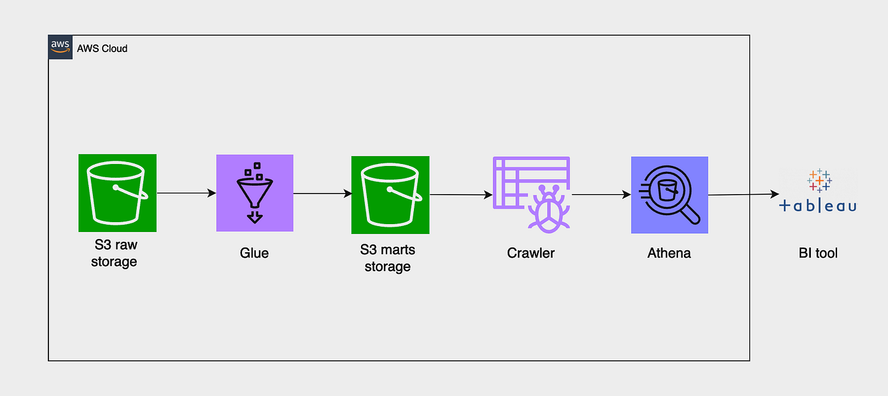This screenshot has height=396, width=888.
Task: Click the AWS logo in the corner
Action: (x=60, y=47)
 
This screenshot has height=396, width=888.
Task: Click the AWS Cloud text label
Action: (x=102, y=49)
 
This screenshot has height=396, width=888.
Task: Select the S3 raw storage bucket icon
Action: (x=117, y=193)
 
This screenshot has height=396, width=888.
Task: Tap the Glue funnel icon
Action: (x=255, y=193)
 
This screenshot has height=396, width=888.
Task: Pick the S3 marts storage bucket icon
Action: (x=390, y=195)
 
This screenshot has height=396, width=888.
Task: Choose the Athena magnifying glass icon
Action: (x=670, y=195)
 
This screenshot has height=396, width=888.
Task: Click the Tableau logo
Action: (x=819, y=191)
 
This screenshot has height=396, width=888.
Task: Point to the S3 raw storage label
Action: (x=114, y=253)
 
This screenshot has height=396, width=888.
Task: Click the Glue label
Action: (x=254, y=253)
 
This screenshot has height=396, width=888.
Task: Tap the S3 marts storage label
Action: (x=388, y=258)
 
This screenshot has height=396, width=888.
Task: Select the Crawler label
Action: (x=531, y=253)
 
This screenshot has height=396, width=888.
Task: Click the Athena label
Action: (x=669, y=253)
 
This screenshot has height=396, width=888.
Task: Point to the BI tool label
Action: (x=818, y=253)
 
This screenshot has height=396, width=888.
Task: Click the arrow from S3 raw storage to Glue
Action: (x=186, y=193)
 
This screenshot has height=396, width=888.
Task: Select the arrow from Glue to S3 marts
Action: (x=322, y=193)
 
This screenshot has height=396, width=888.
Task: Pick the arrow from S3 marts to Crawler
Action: (x=461, y=195)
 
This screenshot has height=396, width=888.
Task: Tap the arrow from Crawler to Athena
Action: (x=601, y=195)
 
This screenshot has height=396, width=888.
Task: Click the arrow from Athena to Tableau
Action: (x=743, y=195)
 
